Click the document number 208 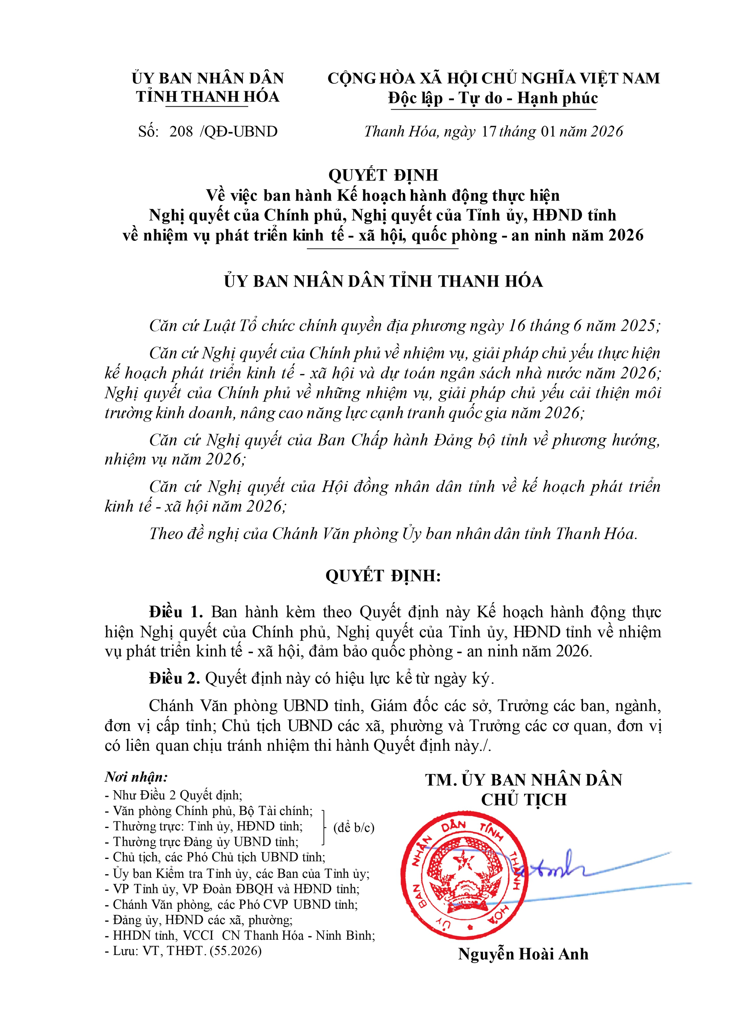(181, 132)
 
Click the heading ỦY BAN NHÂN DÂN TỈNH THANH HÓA (383, 281)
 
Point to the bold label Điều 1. (176, 612)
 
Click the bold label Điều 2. (174, 678)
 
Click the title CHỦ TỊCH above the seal (524, 800)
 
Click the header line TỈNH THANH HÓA (208, 97)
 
